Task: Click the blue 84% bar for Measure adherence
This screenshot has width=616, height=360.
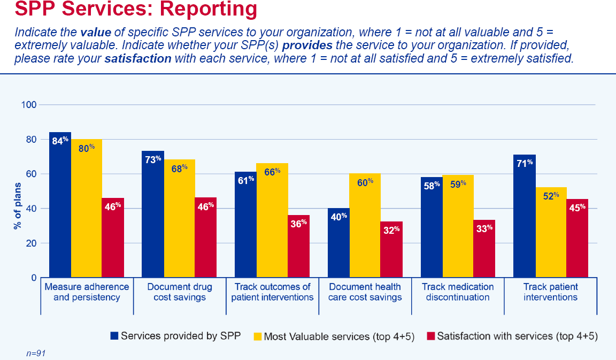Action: coord(60,205)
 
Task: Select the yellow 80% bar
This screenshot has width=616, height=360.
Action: coord(87,208)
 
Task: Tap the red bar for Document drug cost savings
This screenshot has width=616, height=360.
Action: coord(205,238)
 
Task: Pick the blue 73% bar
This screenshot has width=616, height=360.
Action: coord(153,214)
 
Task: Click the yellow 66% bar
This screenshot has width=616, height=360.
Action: coord(272,220)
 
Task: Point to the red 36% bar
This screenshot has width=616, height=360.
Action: coord(298,246)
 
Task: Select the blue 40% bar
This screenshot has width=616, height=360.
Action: coord(338,243)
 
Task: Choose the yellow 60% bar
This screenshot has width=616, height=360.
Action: coord(365,226)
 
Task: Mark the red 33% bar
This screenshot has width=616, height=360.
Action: coord(484,249)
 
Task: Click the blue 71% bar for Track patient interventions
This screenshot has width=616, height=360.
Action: coord(525,216)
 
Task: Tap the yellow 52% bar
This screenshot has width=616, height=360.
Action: coord(551,232)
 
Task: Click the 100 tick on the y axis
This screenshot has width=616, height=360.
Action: coord(29,104)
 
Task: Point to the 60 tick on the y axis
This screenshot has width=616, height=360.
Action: coord(31,174)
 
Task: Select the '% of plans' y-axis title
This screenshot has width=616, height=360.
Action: coord(17,205)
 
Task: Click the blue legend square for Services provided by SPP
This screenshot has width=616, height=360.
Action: coord(114,335)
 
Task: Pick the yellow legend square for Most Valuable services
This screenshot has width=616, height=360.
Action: coord(258,336)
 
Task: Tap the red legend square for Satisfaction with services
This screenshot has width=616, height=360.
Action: coord(430,336)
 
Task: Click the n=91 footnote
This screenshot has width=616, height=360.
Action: coord(36,354)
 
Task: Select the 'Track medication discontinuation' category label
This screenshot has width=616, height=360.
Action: coord(458,292)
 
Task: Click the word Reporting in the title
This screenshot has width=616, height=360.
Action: coord(208,9)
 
